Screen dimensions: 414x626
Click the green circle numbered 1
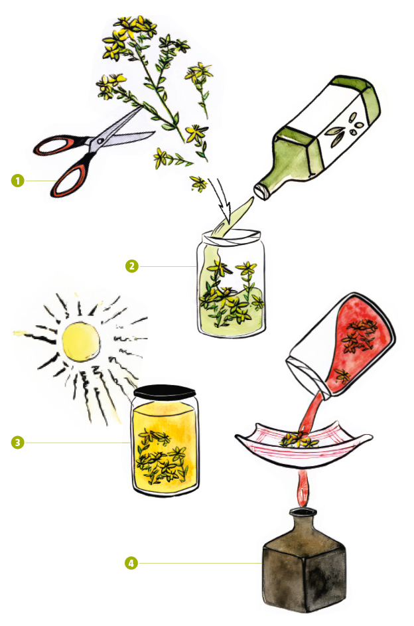17,181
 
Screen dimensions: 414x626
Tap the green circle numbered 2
132,266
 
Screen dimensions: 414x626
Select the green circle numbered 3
17,442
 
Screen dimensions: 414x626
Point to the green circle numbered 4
131,564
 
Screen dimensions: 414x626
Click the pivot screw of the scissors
100,141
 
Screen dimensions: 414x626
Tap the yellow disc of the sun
80,343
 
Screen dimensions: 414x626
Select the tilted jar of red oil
341,346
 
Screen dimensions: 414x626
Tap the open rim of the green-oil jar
232,236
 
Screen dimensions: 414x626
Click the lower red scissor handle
68,177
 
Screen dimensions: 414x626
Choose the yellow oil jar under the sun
165,441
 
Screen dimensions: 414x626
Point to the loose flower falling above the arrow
198,184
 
